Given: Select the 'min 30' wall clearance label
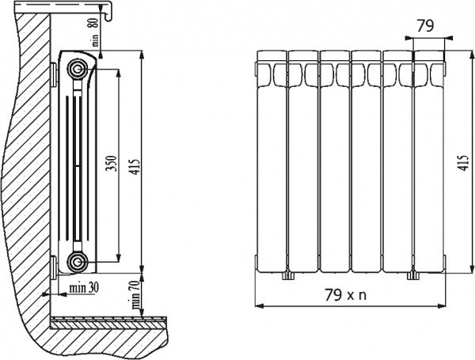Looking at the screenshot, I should (83, 286).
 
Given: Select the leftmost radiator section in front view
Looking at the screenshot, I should (272, 162).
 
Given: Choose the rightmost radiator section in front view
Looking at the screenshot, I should (428, 162).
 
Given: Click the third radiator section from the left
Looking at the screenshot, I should (334, 162).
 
